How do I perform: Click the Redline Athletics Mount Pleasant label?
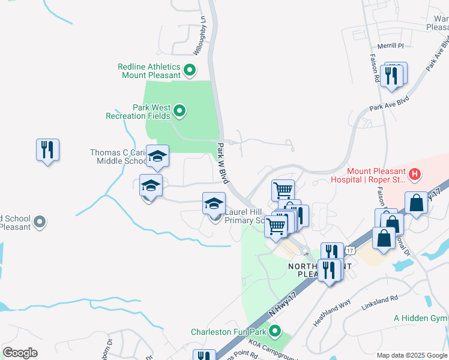[151, 71]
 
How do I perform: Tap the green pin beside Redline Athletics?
[190, 71]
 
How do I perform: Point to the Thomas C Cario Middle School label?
[118, 157]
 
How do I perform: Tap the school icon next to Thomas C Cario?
[157, 157]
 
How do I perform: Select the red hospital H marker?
[413, 175]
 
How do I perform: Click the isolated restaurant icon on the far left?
[47, 150]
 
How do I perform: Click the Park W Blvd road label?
[223, 163]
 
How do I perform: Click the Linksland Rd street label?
[379, 298]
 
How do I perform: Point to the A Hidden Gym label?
[421, 318]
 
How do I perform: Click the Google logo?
[20, 353]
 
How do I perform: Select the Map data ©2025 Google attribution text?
[411, 355]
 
